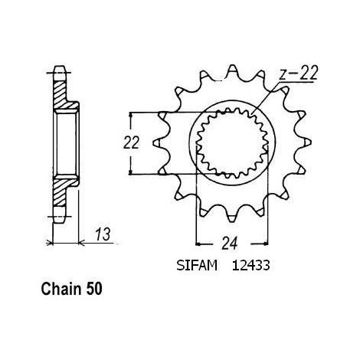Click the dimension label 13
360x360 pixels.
click(103, 234)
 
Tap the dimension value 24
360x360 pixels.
click(230, 244)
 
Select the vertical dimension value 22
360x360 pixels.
click(131, 142)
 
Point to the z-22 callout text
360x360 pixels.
click(298, 73)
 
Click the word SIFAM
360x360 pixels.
click(197, 266)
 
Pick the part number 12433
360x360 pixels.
click(250, 266)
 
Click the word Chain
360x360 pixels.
click(61, 289)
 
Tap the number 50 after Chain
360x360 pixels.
click(93, 289)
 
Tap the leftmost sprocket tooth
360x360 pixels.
click(158, 142)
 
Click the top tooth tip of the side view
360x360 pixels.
click(61, 68)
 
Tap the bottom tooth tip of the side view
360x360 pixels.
click(61, 221)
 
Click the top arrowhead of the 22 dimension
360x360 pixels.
click(131, 115)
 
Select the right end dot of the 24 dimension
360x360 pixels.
click(267, 244)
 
